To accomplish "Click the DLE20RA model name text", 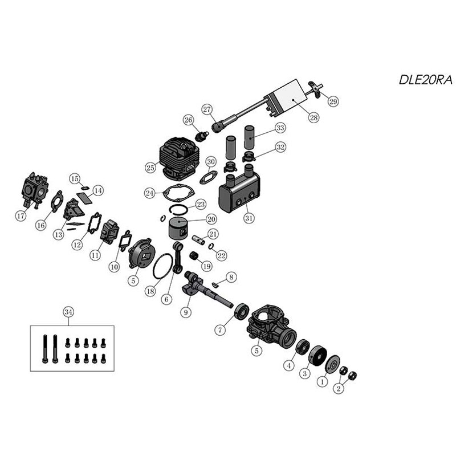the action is click(425, 80).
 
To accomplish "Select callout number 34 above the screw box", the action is click(68, 312).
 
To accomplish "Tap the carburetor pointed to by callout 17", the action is click(34, 190).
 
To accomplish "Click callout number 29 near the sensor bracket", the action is click(333, 101).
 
